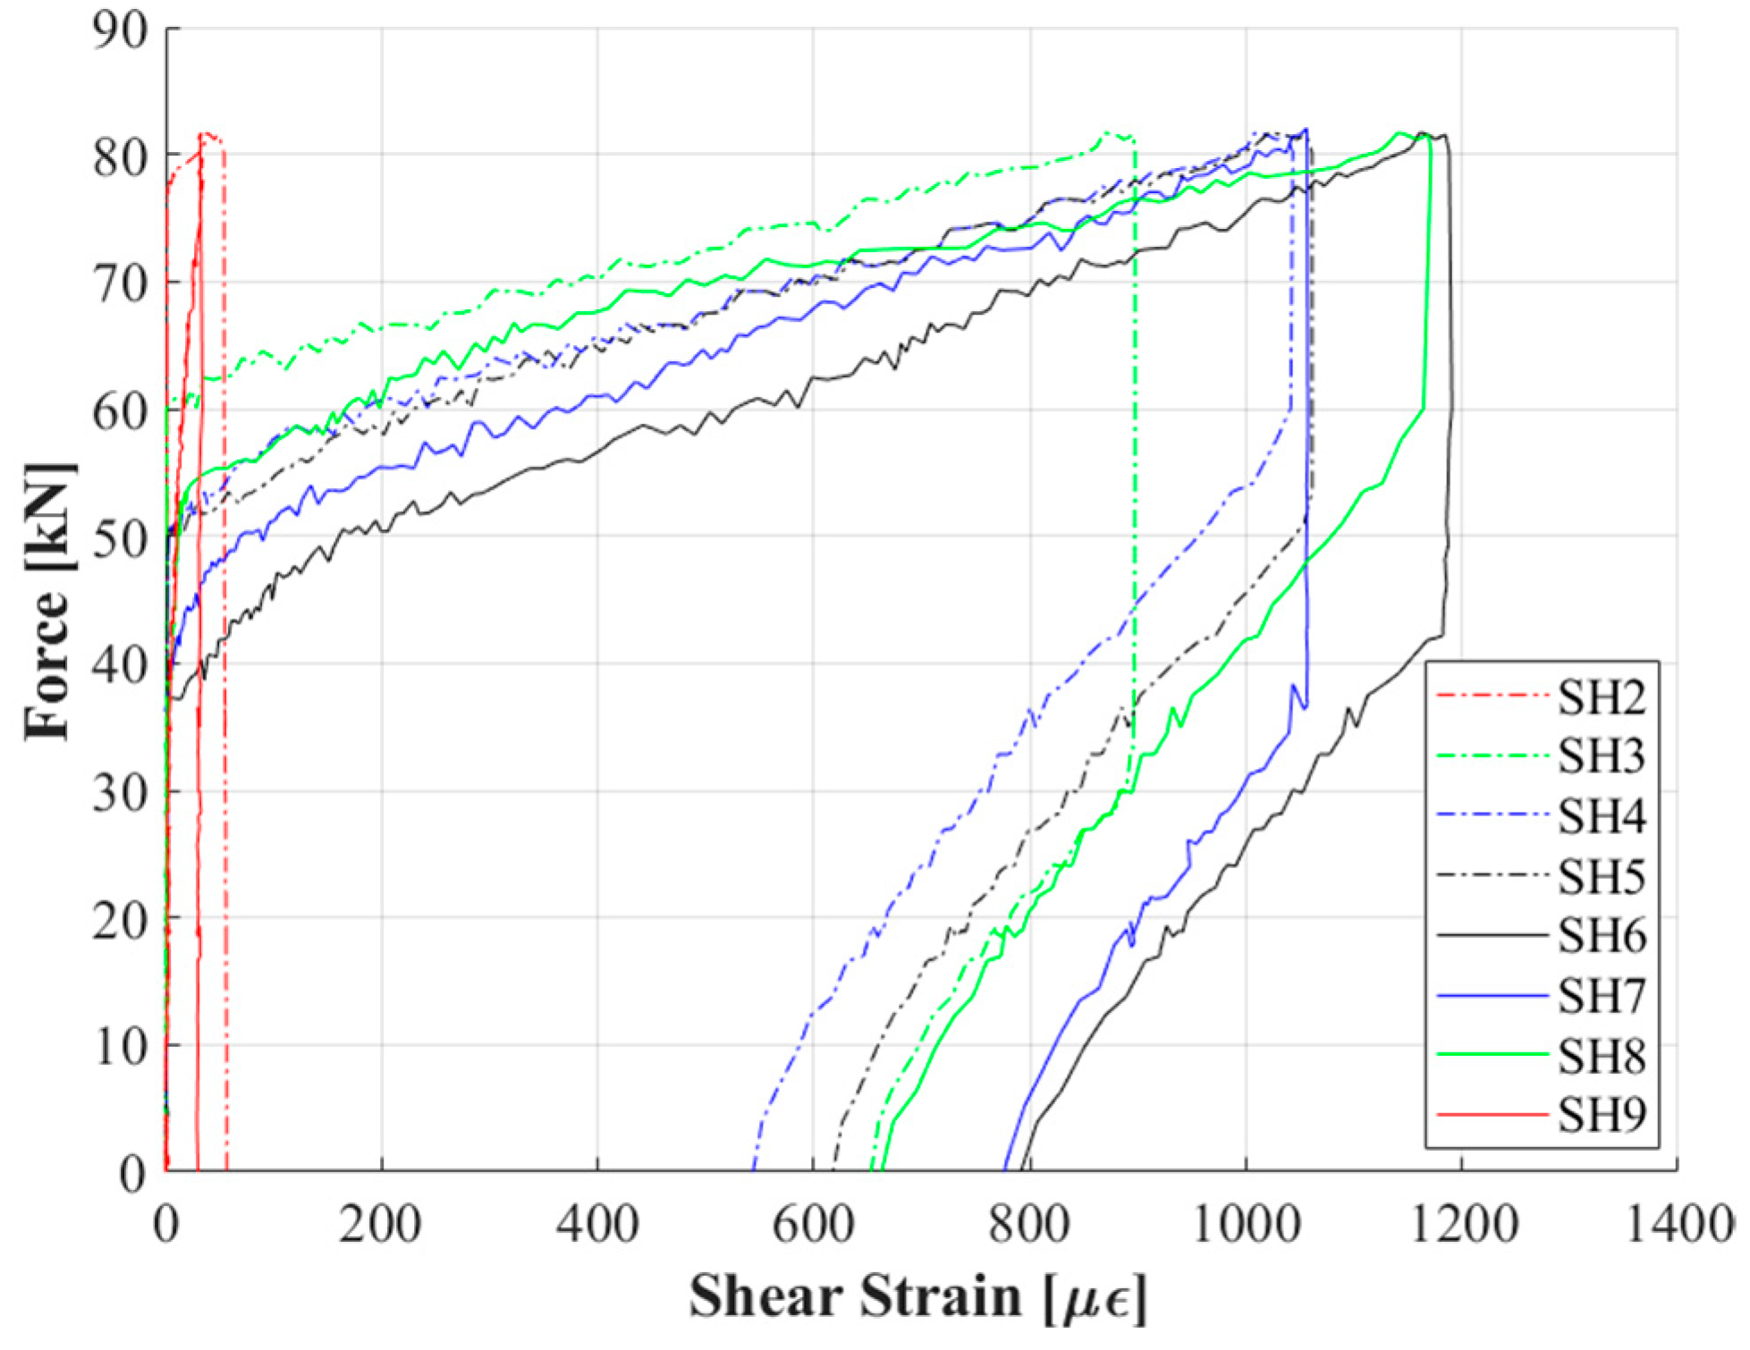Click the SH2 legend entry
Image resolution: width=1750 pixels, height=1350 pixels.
click(1601, 697)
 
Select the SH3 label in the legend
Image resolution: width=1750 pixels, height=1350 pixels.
click(1601, 756)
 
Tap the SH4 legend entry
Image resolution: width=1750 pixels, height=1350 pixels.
click(1601, 816)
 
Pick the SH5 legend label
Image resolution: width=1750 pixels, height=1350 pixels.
click(1601, 876)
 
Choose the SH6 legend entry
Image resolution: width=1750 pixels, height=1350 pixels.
click(1601, 936)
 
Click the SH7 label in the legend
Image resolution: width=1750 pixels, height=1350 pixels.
click(1601, 996)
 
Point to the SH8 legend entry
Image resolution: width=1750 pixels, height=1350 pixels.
click(1601, 1056)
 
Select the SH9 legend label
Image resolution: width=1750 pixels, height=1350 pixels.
click(1601, 1115)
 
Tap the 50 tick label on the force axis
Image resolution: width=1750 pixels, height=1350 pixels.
click(120, 539)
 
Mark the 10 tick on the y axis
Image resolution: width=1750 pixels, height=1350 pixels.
click(120, 1046)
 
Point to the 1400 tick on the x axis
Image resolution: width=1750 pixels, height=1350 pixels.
click(1678, 1224)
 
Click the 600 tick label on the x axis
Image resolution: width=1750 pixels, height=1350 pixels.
click(813, 1224)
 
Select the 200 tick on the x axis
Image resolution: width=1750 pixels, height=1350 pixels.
click(380, 1224)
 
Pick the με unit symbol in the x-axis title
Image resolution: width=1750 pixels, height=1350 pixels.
click(1095, 1299)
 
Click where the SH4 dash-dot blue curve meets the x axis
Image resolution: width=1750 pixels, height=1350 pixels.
click(754, 1169)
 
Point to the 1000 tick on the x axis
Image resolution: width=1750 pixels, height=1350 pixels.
click(1246, 1224)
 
